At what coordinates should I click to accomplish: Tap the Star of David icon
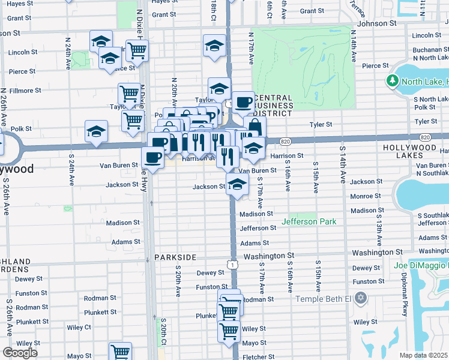pyautogui.click(x=360, y=298)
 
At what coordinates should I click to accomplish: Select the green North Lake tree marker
pyautogui.click(x=393, y=80)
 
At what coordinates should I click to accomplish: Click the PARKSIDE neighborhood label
pyautogui.click(x=175, y=257)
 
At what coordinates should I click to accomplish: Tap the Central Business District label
pyautogui.click(x=273, y=105)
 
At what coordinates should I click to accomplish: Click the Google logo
pyautogui.click(x=20, y=352)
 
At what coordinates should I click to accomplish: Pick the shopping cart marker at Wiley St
pyautogui.click(x=229, y=329)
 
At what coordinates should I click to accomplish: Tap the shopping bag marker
pyautogui.click(x=255, y=126)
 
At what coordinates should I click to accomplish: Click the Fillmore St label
pyautogui.click(x=25, y=91)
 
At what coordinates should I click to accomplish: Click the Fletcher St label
pyautogui.click(x=259, y=357)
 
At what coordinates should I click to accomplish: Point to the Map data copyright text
pyautogui.click(x=423, y=355)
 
